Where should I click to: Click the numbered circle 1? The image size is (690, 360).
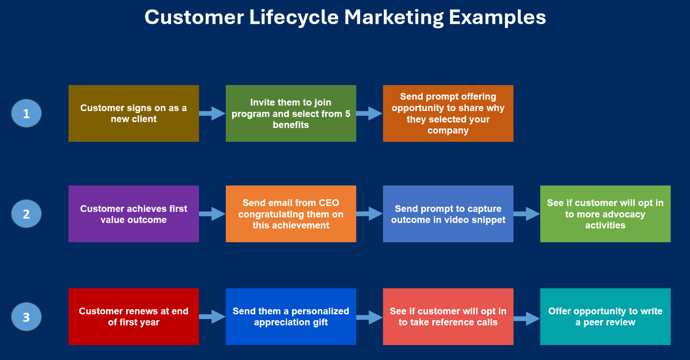26,114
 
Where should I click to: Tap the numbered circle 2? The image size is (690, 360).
26,214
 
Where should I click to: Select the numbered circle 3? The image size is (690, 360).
26,317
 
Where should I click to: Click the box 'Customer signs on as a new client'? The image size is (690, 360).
134,114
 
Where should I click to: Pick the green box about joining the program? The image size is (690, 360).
291,114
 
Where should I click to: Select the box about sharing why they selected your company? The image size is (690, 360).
448,114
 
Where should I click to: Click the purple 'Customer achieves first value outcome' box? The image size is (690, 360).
134,214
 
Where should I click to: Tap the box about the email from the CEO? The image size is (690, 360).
291,214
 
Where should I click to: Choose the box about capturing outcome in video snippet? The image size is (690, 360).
448,214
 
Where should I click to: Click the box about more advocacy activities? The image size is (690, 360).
605,214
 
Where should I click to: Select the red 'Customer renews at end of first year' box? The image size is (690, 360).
134,317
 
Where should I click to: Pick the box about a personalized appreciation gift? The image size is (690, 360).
291,317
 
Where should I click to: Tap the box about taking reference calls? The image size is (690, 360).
448,317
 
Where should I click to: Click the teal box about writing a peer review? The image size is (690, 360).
605,317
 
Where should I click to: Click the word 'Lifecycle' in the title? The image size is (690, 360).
294,17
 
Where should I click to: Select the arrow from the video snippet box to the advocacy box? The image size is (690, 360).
527,214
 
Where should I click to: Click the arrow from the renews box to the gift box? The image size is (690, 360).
212,317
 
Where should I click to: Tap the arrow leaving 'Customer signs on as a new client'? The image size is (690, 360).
212,114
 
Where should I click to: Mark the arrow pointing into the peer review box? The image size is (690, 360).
527,319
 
